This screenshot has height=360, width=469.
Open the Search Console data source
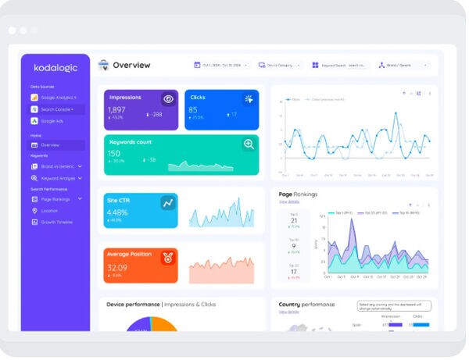57,109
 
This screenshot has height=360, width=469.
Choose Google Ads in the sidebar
52,121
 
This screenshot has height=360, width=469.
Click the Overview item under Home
50,145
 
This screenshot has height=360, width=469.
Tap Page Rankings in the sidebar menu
56,199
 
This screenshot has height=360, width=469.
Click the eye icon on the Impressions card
168,99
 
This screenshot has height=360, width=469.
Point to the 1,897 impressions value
116,110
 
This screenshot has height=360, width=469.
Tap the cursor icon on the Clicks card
249,99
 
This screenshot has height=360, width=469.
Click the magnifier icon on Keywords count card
249,144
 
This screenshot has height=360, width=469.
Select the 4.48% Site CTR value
117,212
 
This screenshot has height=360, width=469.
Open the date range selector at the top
222,66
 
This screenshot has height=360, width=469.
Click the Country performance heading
306,305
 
